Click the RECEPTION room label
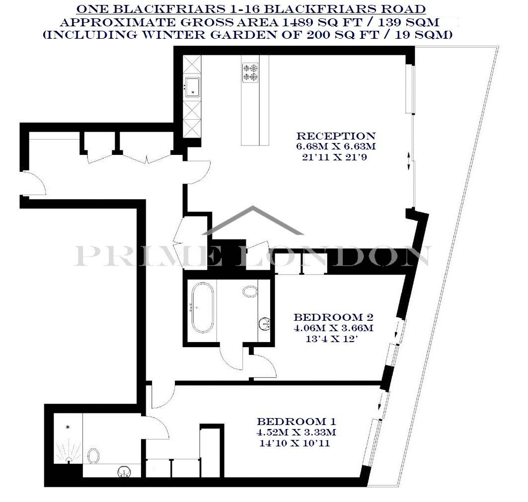336,136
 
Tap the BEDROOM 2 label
333,317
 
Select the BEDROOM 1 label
297,422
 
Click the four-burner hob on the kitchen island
250,72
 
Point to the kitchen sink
192,87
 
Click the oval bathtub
202,307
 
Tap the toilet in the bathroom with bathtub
250,291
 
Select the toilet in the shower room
93,456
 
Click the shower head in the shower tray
68,427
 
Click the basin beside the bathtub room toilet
265,324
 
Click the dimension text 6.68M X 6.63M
336,146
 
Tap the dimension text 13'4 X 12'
331,339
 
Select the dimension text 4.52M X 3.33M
297,432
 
